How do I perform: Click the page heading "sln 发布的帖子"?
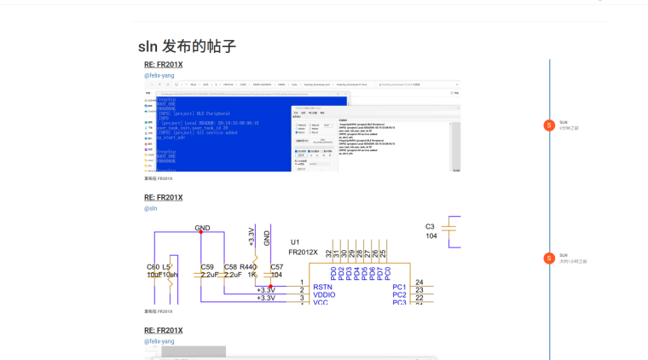(x=187, y=47)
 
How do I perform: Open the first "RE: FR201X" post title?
(x=163, y=65)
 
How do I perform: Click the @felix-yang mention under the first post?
(x=159, y=76)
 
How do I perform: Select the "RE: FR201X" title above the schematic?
(x=163, y=198)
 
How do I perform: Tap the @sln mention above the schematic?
(x=150, y=208)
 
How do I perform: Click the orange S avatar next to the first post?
(x=549, y=125)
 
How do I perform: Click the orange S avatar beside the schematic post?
(x=549, y=258)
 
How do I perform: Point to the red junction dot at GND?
(x=201, y=232)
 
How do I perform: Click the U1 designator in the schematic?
(x=295, y=242)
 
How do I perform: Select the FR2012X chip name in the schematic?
(x=303, y=253)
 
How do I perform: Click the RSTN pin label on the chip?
(x=323, y=287)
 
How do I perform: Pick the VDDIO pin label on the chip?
(x=325, y=295)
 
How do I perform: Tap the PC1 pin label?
(x=399, y=287)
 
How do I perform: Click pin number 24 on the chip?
(x=419, y=282)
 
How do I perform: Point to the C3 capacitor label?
(x=431, y=227)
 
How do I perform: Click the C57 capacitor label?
(x=276, y=267)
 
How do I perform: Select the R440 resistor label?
(x=248, y=267)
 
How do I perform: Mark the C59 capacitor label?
(x=207, y=267)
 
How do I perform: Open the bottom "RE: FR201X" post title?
(x=163, y=331)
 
